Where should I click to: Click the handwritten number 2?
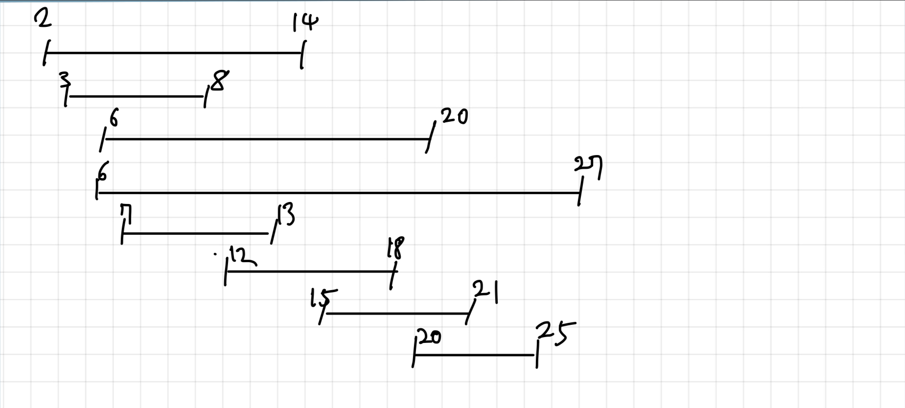(43, 19)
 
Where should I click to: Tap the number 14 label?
(305, 23)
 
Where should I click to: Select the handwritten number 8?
(218, 81)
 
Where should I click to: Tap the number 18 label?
(395, 248)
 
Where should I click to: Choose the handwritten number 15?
(324, 298)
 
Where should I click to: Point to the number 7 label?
(126, 213)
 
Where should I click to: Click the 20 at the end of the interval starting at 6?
(455, 116)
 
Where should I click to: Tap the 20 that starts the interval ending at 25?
(429, 337)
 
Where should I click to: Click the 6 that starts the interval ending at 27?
(103, 172)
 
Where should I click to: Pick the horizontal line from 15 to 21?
(396, 314)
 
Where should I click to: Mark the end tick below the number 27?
(580, 192)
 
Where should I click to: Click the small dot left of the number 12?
(215, 254)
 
